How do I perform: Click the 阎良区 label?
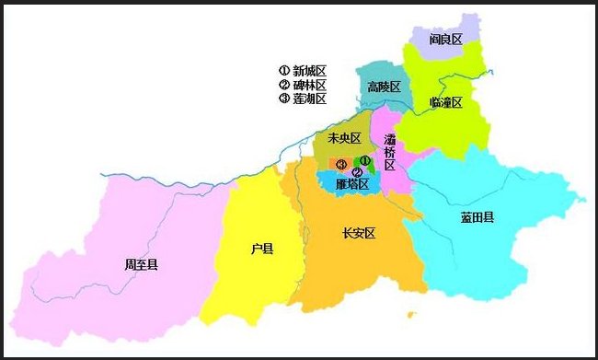(446, 41)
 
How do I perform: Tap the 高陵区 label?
(384, 87)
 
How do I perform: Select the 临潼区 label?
(445, 102)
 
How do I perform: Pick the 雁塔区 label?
(352, 184)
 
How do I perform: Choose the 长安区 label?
(359, 233)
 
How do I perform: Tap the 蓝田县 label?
(477, 217)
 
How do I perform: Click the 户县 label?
(262, 249)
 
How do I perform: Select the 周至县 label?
(141, 264)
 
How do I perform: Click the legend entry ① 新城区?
(303, 70)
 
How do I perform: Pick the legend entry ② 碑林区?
(303, 85)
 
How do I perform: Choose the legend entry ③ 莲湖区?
(303, 99)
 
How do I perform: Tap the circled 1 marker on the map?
(365, 160)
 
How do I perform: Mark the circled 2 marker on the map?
(357, 172)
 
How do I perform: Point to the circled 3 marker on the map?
(342, 165)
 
